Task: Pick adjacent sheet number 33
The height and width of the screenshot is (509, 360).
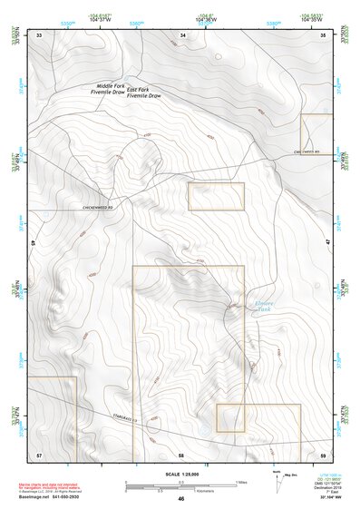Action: (x=39, y=34)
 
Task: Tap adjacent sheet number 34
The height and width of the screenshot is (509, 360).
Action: (x=182, y=34)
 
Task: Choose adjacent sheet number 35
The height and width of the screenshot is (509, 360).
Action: (x=324, y=34)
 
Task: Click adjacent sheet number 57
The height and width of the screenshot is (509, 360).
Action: (x=39, y=453)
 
